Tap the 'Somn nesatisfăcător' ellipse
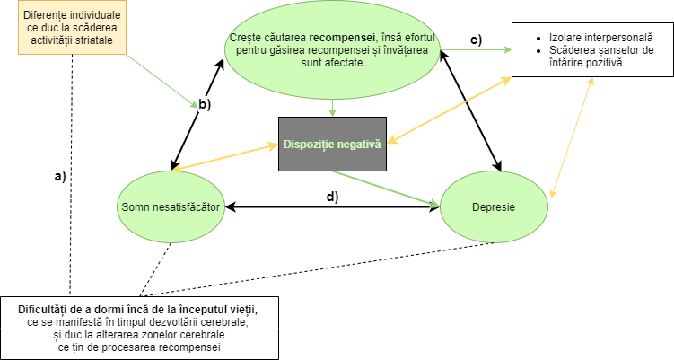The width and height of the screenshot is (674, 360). tap(171, 208)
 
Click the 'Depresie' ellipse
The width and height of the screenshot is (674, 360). tap(493, 208)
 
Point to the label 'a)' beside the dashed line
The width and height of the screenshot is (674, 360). tap(61, 176)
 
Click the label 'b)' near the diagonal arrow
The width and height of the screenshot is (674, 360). tap(205, 105)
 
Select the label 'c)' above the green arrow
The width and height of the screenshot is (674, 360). tap(476, 39)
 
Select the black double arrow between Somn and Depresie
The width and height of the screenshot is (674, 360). tap(333, 208)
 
